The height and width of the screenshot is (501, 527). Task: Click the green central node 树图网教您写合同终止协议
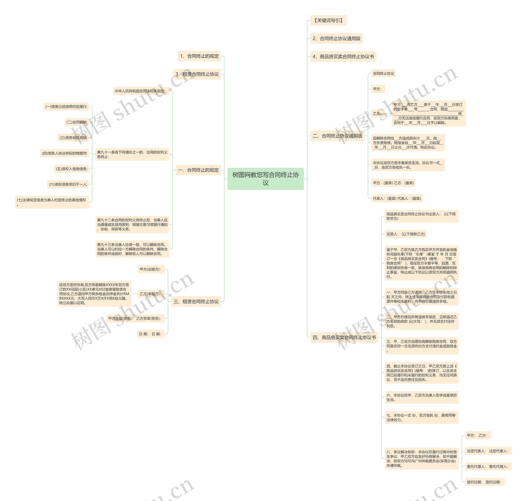pos(265,179)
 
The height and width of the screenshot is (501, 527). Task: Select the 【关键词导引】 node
pos(328,20)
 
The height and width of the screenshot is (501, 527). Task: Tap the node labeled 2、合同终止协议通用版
pos(336,38)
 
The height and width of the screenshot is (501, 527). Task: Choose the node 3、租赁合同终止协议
pos(197,74)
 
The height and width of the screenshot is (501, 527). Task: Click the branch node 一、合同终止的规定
pos(198,170)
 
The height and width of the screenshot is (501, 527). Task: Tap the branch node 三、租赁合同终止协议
pos(196,301)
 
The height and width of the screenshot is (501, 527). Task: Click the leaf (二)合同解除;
pos(77,122)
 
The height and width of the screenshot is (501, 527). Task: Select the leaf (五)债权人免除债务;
pos(71,169)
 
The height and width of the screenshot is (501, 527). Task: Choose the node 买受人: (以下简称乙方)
pos(405,234)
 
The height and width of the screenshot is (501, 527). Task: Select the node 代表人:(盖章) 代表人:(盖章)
pos(396,198)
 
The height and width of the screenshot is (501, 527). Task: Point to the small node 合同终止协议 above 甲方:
pos(383,73)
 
